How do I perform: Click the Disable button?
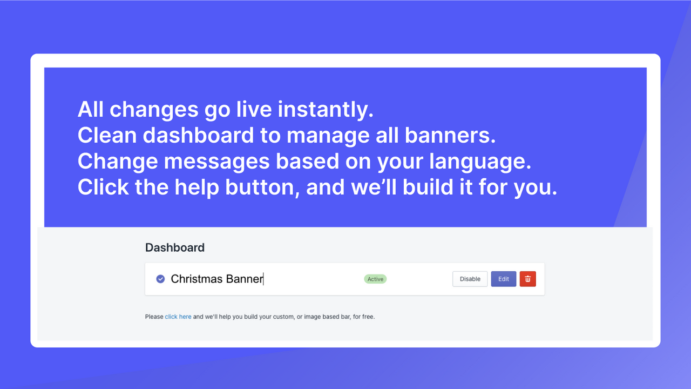click(x=470, y=279)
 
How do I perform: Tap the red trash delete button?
click(x=527, y=279)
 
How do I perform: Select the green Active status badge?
click(x=375, y=279)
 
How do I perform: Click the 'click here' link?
click(x=178, y=317)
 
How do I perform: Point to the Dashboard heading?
click(x=175, y=247)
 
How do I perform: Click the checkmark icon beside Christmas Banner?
click(x=160, y=279)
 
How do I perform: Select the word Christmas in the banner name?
click(x=197, y=279)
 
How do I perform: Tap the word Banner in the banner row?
click(x=244, y=279)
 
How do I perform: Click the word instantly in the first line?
click(x=326, y=110)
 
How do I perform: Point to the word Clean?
click(x=107, y=136)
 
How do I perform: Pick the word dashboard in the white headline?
click(x=198, y=136)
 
